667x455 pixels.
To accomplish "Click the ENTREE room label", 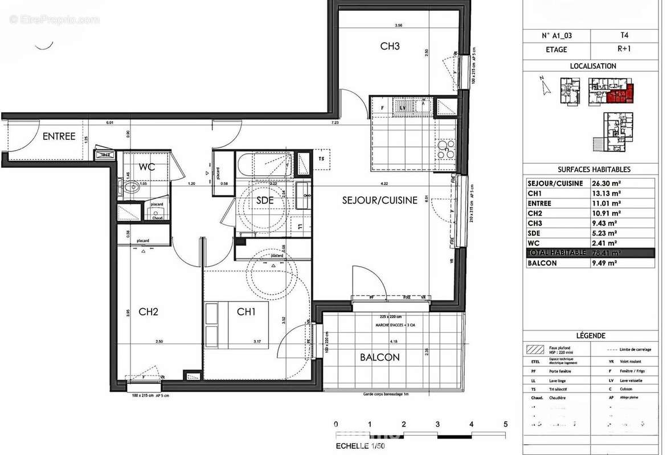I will pyautogui.click(x=59, y=136).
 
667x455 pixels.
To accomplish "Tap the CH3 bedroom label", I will pyautogui.click(x=390, y=47).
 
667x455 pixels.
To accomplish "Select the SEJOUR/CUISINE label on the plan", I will pyautogui.click(x=380, y=200).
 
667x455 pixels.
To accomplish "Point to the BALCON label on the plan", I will pyautogui.click(x=379, y=357).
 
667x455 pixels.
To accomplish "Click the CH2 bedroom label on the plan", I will pyautogui.click(x=148, y=312).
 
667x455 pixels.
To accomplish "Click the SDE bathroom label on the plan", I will pyautogui.click(x=265, y=200).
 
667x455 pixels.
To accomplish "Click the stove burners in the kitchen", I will pyautogui.click(x=445, y=149).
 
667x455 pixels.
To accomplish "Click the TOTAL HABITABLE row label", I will pyautogui.click(x=556, y=253).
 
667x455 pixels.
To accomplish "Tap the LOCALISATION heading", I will pyautogui.click(x=593, y=66).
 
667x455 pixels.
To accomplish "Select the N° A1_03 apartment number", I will pyautogui.click(x=556, y=35).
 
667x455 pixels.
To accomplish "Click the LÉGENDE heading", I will pyautogui.click(x=593, y=336).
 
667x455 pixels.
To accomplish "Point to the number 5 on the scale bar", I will pyautogui.click(x=505, y=424).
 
